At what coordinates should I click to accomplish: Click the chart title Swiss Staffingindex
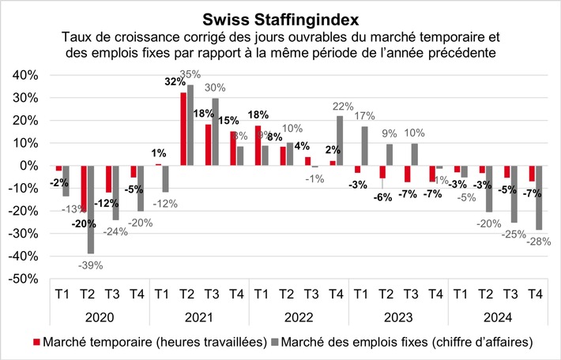point(280,17)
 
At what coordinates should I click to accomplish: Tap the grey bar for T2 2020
point(91,209)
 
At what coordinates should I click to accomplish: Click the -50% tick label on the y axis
point(24,279)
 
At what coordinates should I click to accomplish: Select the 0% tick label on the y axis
point(30,166)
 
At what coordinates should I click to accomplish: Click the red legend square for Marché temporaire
point(36,342)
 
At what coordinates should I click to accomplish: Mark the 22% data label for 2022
point(345,107)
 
